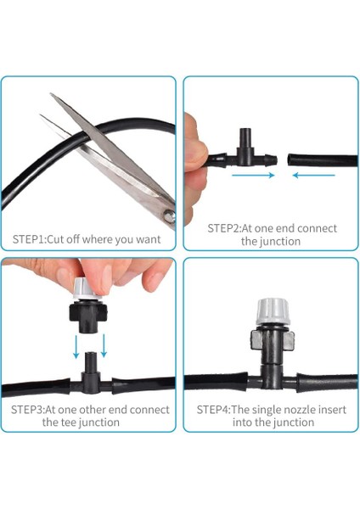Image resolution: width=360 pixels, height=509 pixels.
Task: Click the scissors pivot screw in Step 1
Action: point(169,215)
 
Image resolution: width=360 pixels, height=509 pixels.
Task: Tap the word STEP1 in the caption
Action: point(28,239)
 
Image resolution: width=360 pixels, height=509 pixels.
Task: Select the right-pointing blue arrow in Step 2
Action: point(253,176)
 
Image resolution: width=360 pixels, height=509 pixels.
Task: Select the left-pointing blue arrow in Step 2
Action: point(314,176)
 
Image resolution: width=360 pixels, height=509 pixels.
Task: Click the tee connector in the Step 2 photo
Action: point(245,151)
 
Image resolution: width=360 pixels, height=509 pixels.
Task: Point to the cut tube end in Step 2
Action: point(290,160)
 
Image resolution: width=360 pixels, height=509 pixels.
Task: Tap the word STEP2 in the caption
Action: point(223,228)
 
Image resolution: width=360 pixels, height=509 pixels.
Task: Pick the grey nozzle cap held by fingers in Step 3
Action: point(86,289)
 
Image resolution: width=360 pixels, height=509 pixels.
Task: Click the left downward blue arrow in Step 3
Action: point(76,347)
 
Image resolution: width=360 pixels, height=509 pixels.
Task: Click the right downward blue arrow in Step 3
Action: point(104,346)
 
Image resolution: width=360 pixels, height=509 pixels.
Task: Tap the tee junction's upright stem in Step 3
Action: point(91,363)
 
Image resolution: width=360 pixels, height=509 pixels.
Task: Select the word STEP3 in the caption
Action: point(26,410)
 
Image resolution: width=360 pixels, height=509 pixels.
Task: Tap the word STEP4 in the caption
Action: point(212,410)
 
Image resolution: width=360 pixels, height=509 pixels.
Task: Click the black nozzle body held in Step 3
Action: point(88,316)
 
